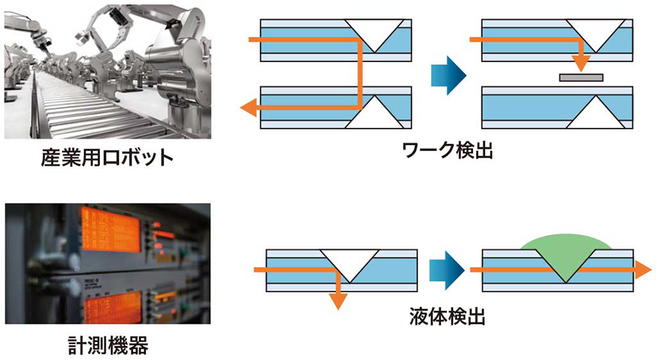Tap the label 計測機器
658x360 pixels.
108,346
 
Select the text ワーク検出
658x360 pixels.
448,151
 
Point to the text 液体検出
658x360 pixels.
448,315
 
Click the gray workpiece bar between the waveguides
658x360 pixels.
581,76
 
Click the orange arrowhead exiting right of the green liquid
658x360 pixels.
642,269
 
